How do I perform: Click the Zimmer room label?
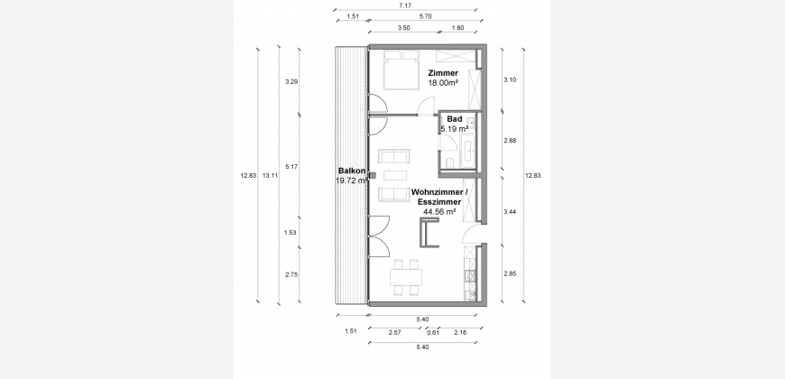(x=443, y=73)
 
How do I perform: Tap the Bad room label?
(x=455, y=119)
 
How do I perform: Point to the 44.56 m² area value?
(x=439, y=212)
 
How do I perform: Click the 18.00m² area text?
(x=443, y=83)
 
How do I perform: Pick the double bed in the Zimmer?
(x=401, y=70)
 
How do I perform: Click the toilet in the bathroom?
(x=450, y=162)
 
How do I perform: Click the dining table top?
(x=406, y=277)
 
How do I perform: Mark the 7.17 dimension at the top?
(x=404, y=5)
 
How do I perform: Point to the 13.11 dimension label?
(x=271, y=175)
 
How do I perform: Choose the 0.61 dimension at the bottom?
(x=433, y=333)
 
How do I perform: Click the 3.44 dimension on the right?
(x=510, y=212)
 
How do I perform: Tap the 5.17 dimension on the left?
(x=291, y=167)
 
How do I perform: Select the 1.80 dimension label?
(x=457, y=28)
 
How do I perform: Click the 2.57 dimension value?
(x=394, y=333)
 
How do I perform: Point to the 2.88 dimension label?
(x=510, y=141)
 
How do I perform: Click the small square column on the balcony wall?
(x=372, y=175)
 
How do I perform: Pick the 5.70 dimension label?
(x=425, y=16)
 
